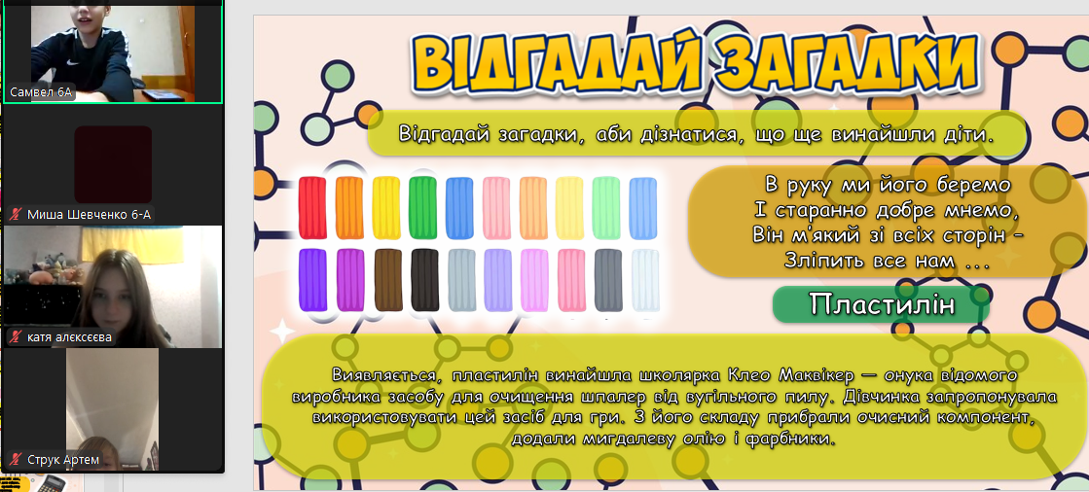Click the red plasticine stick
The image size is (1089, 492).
[x=311, y=208]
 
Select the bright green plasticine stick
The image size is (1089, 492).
[x=422, y=208]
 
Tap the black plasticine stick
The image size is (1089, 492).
[x=424, y=280]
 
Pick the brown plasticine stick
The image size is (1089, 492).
[x=388, y=280]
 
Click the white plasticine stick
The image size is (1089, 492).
[x=645, y=280]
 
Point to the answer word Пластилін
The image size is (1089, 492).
[x=882, y=304]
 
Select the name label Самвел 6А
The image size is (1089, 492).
[x=41, y=91]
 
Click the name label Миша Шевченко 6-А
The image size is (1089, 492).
[x=89, y=215]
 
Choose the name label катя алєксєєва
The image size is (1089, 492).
[x=69, y=338]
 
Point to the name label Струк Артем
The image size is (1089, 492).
[x=63, y=459]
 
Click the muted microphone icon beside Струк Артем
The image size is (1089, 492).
[x=16, y=459]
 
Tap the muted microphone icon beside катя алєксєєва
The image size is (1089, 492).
[x=16, y=338]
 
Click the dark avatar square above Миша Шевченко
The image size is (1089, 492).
[x=113, y=163]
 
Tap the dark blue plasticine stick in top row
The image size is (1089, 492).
[x=459, y=208]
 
